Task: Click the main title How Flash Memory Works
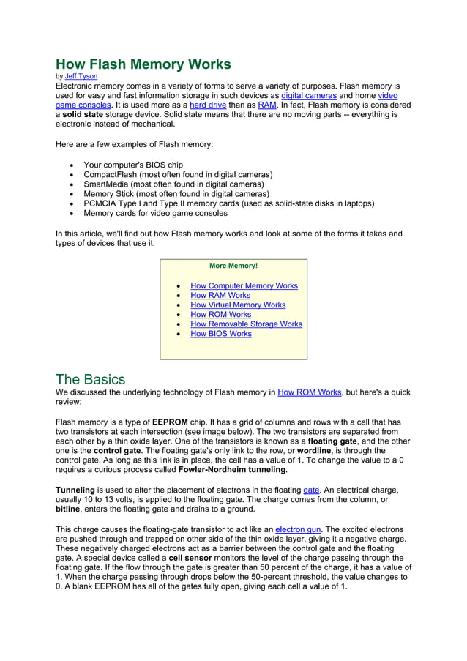pos(143,64)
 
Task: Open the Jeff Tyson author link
pos(81,76)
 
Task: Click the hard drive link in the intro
pos(208,105)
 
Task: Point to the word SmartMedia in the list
pos(107,184)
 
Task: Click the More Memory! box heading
pos(233,266)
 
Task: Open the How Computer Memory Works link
pos(244,286)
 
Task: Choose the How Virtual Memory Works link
pos(238,305)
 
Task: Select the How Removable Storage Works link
pos(246,324)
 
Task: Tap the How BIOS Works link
pos(220,334)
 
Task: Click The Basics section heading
pos(91,379)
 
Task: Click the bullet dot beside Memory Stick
pos(70,194)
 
